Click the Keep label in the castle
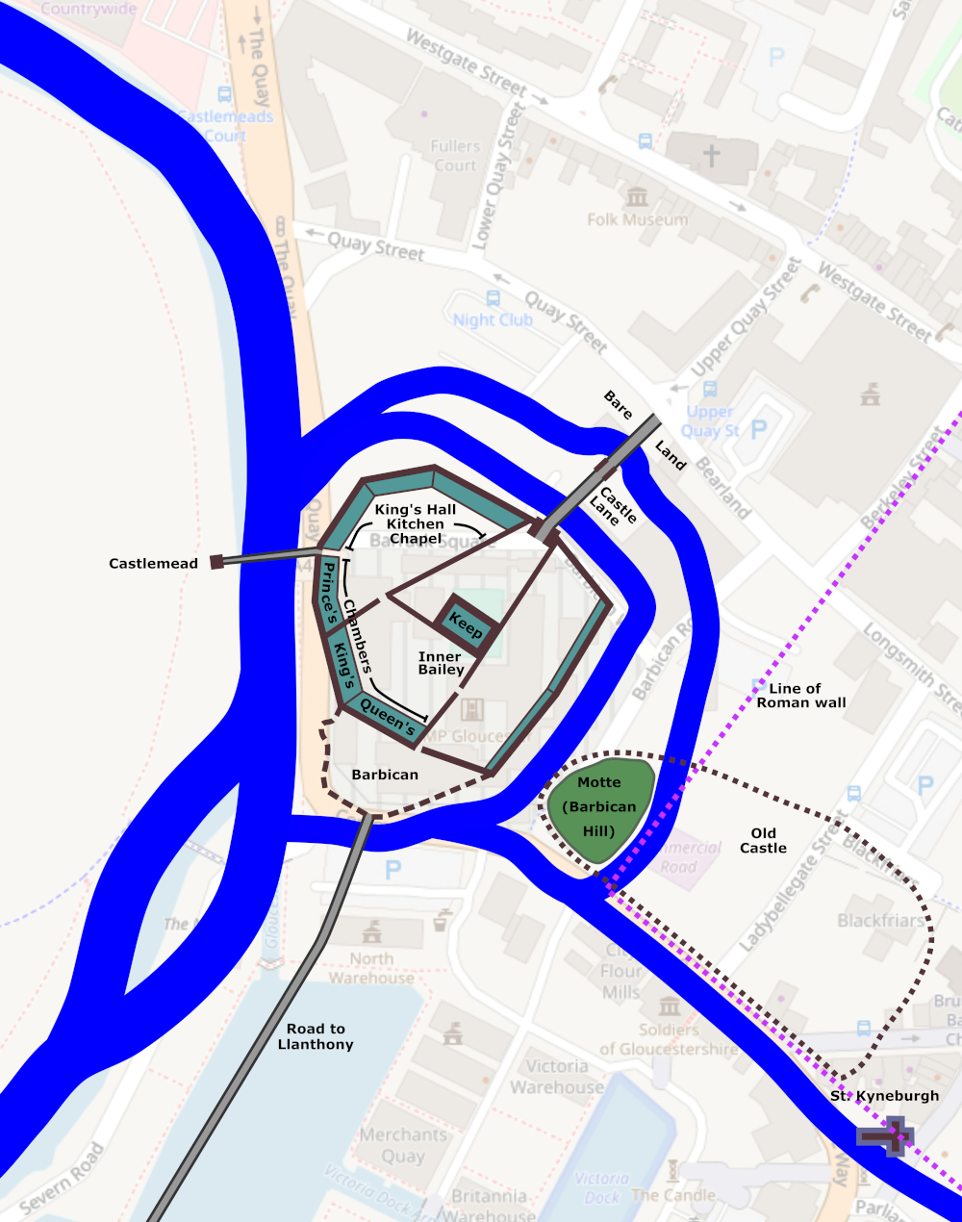click(466, 626)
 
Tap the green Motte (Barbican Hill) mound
click(598, 806)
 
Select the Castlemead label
click(153, 564)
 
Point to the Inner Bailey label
click(441, 663)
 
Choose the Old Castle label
click(763, 840)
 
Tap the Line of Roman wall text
click(800, 696)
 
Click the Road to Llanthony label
click(315, 1036)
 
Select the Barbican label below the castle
click(385, 775)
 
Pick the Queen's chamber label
click(387, 718)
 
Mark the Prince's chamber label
click(328, 593)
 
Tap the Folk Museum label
click(638, 219)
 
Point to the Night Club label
click(493, 319)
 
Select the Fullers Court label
click(455, 156)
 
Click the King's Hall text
click(416, 510)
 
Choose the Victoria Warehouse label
click(557, 1077)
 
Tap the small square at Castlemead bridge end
click(217, 562)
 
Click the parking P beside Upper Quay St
click(759, 429)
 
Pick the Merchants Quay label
click(403, 1145)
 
